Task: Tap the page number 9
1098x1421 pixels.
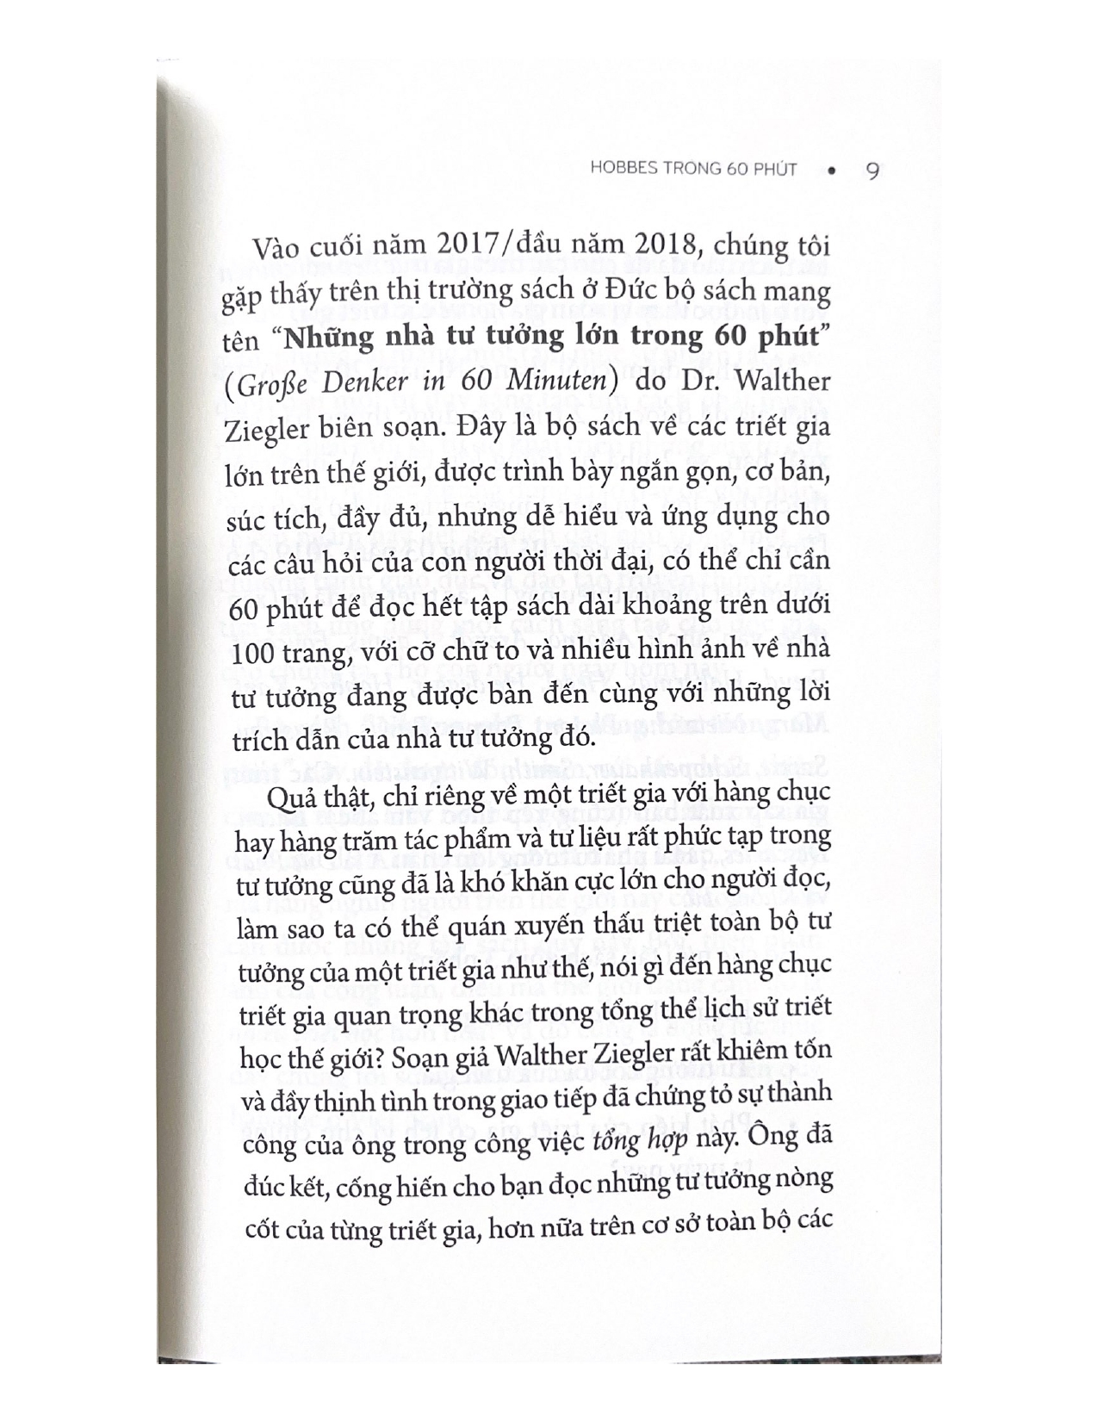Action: pyautogui.click(x=870, y=171)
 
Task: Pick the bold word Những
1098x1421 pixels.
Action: pyautogui.click(x=331, y=339)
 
